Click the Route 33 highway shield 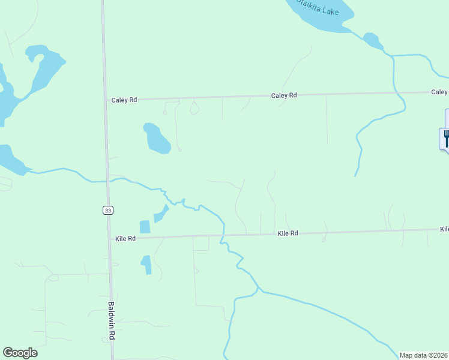click(107, 210)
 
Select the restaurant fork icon click(446, 139)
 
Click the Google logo click(20, 353)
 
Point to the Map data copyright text click(423, 355)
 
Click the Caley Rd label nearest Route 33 click(124, 100)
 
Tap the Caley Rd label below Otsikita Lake click(284, 95)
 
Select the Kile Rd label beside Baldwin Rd click(125, 238)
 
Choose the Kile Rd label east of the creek click(288, 233)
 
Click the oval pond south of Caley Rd click(156, 138)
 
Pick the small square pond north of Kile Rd click(145, 227)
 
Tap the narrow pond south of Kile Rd click(146, 265)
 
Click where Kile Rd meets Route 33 click(109, 238)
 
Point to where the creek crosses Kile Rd click(223, 235)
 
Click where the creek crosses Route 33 click(107, 180)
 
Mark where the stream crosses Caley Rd click(395, 92)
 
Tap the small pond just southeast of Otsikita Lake click(372, 41)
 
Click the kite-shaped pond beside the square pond click(161, 214)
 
